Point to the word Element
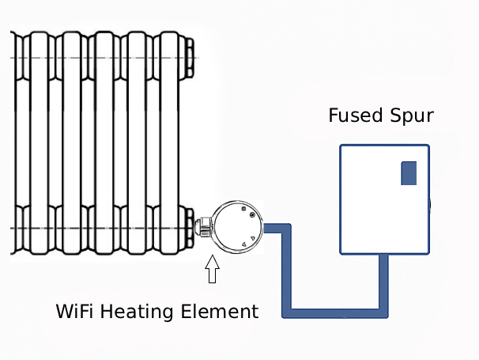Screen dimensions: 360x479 (x=221, y=311)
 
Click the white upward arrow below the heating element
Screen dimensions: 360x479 (x=211, y=272)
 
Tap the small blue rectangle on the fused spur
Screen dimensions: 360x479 (x=409, y=172)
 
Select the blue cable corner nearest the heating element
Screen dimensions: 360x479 (x=289, y=229)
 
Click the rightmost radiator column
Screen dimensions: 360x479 (x=168, y=142)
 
